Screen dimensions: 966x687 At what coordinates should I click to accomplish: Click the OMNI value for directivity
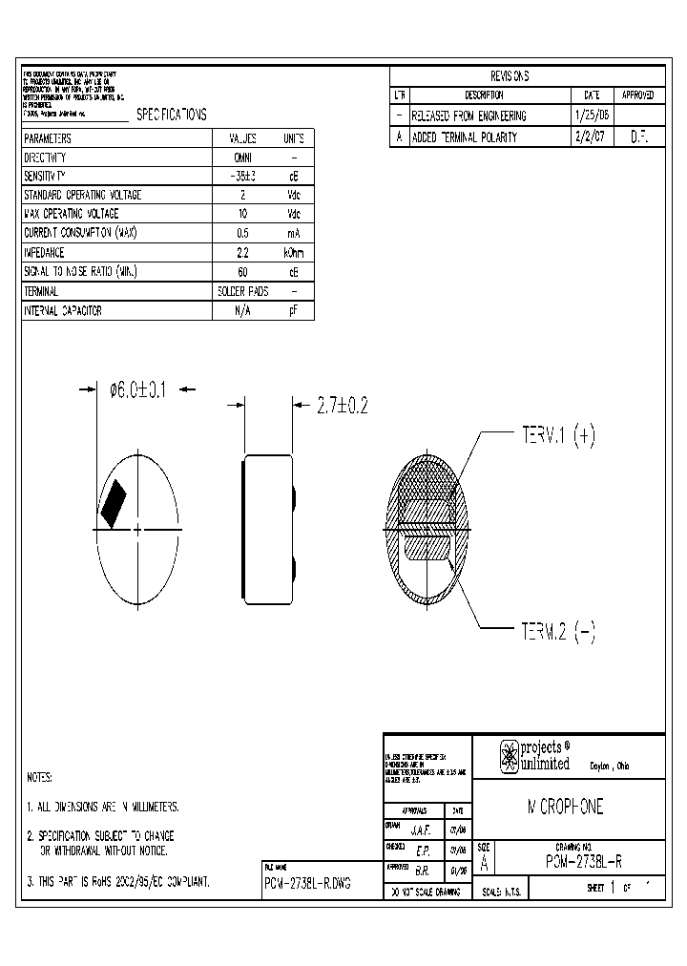coord(242,157)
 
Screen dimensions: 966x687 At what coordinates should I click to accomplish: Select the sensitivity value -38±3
coord(242,177)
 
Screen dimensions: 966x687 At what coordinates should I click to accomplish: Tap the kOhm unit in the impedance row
coord(294,253)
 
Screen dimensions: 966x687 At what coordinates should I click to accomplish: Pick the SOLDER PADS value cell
coord(242,291)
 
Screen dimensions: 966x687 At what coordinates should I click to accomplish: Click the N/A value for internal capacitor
coord(242,310)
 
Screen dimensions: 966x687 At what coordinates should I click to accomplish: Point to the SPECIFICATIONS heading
coord(172,115)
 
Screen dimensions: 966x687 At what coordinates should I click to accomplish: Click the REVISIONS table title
coord(510,76)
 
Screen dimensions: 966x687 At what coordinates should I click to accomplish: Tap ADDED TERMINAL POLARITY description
coord(464,136)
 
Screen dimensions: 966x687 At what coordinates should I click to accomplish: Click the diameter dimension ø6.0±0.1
coord(139,389)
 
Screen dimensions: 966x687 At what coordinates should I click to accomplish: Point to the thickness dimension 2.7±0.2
coord(342,406)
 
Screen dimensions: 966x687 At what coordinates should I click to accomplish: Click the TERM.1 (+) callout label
coord(557,436)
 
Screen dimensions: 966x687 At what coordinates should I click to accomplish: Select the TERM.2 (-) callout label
coord(557,633)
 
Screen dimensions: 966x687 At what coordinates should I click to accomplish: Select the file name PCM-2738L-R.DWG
coord(307,884)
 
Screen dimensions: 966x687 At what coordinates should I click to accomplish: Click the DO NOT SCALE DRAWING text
coord(423,892)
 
